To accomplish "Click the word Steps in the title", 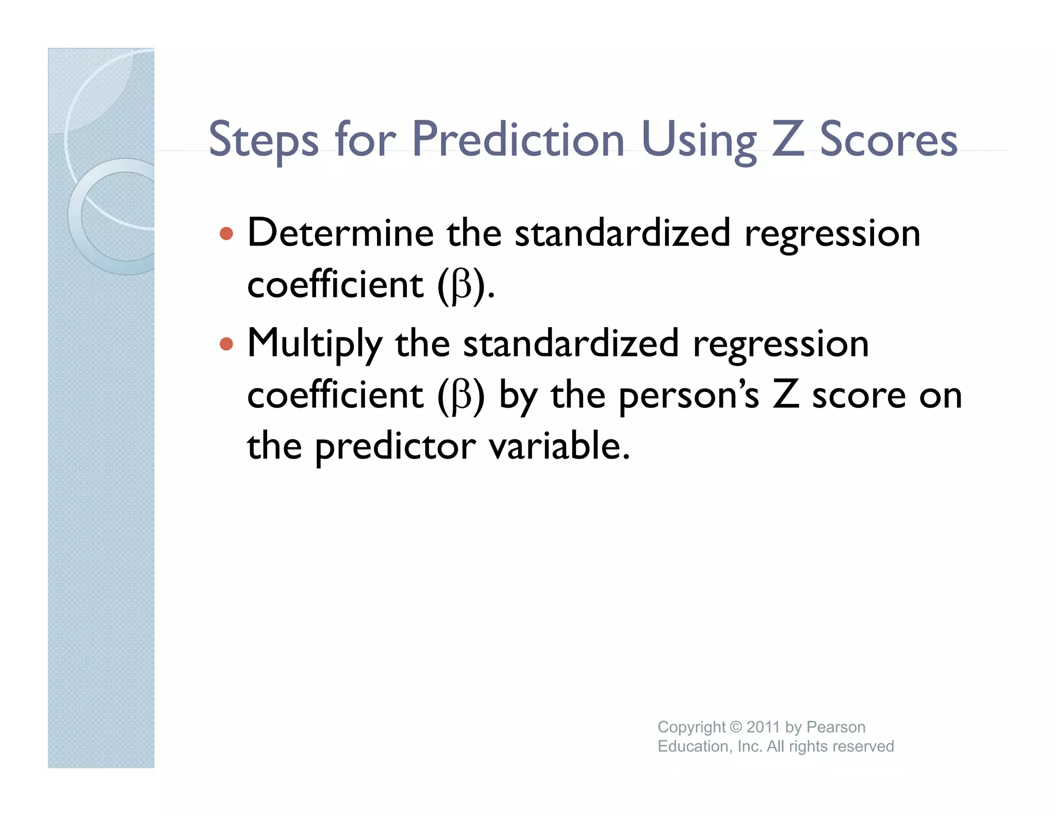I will pos(263,139).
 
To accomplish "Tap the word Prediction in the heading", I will pos(518,139).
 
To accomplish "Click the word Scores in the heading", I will pos(888,139).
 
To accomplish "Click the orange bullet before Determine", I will pos(226,234).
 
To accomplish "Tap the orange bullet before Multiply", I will pos(226,344).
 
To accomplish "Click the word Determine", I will pos(340,233).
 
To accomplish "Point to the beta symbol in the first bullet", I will pos(461,287).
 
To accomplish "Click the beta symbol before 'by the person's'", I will pos(461,397).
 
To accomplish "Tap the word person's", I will pos(688,397).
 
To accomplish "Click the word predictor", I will pos(395,447).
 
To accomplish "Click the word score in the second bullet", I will pos(859,397).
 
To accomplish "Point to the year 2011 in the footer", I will pos(763,727).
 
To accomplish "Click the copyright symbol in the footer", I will pos(736,727).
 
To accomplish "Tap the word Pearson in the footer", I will pos(835,727).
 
